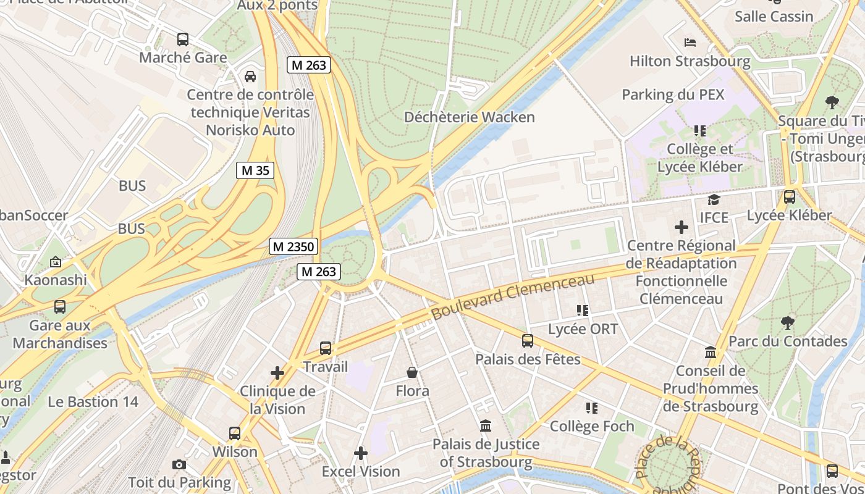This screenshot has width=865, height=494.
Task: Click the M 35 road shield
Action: click(255, 170)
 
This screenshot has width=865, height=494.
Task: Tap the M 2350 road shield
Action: click(294, 246)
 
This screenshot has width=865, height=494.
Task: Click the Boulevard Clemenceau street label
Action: click(512, 296)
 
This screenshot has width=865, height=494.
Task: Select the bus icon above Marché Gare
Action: click(183, 40)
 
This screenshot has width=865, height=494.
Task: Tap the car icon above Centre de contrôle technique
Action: click(250, 77)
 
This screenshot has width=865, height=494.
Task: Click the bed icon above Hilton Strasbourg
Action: click(690, 43)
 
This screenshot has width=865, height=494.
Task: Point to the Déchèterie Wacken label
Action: click(469, 117)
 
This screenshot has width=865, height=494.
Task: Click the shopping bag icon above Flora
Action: click(412, 372)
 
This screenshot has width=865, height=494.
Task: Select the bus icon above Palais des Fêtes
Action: click(528, 340)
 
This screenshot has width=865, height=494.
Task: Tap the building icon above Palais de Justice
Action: click(486, 425)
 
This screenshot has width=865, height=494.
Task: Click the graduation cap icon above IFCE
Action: click(714, 199)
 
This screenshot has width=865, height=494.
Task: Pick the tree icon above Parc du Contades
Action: click(787, 322)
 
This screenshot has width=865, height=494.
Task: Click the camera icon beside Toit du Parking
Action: click(179, 464)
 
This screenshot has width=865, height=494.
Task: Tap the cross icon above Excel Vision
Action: click(361, 453)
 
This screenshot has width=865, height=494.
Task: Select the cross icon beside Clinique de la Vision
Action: click(277, 372)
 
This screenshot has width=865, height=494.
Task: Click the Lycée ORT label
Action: click(583, 329)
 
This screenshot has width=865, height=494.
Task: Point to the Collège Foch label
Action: click(592, 426)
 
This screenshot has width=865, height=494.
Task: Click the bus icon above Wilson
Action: click(235, 433)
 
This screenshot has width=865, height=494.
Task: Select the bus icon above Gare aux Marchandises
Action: click(60, 306)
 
